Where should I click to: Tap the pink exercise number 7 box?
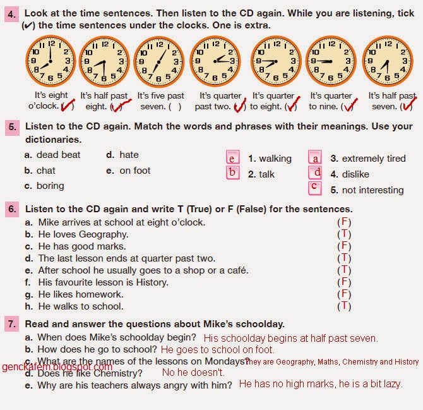pyautogui.click(x=12, y=323)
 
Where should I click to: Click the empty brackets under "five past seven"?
pyautogui.click(x=175, y=106)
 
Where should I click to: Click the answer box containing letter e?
pyautogui.click(x=233, y=158)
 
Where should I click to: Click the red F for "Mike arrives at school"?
pyautogui.click(x=344, y=222)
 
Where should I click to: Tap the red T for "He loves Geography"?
pyautogui.click(x=344, y=234)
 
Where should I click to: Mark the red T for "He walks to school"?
pyautogui.click(x=344, y=306)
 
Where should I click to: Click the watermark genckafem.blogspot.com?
pyautogui.click(x=57, y=367)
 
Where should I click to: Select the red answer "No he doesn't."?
pyautogui.click(x=193, y=373)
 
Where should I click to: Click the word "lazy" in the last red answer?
pyautogui.click(x=391, y=384)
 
